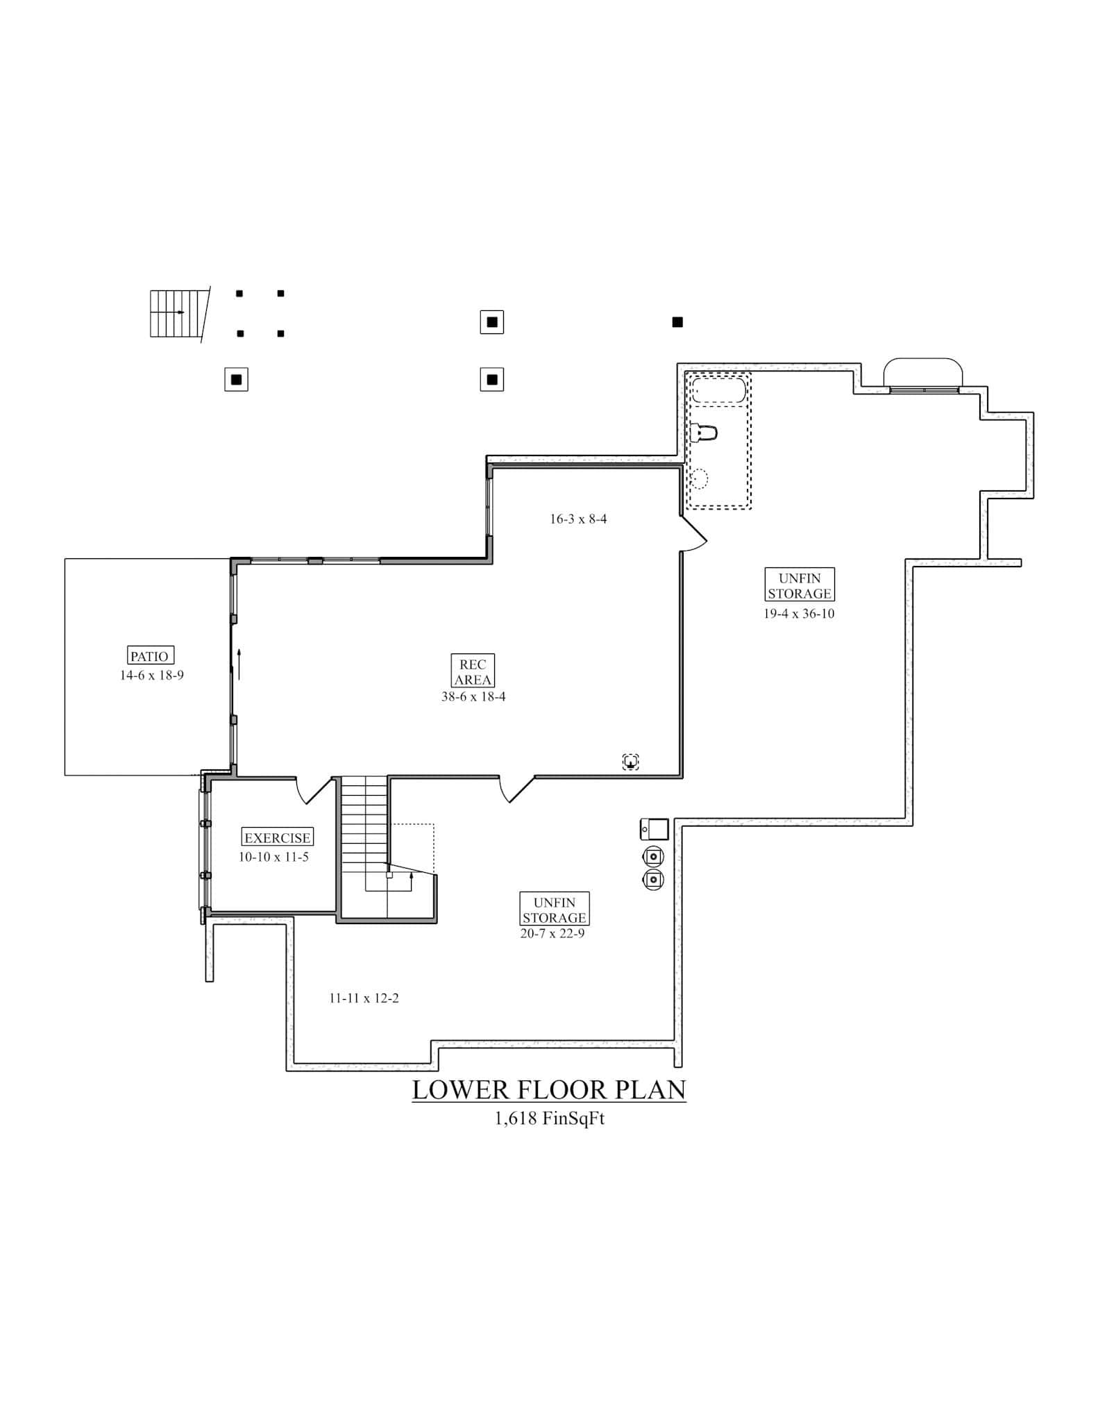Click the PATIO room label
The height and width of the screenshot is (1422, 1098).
pos(149,655)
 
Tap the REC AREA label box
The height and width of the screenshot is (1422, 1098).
pos(473,672)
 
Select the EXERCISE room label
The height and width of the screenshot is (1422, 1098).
pos(277,837)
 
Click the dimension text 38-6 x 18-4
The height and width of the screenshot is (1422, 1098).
pos(473,696)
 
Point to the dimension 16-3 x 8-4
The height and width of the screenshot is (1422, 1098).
pos(578,519)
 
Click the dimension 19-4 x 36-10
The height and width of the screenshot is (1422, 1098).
pos(799,613)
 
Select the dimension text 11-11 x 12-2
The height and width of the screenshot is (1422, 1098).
pos(364,998)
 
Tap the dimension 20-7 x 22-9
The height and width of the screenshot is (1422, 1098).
pos(552,934)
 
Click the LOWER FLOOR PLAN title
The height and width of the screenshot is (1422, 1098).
pos(549,1089)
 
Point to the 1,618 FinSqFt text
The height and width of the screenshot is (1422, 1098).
pos(549,1119)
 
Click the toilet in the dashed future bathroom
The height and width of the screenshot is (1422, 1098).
pos(704,432)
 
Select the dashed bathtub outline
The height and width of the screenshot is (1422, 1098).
pos(718,390)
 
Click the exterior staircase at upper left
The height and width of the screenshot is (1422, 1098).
pos(178,313)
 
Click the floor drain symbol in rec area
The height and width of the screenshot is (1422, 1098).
pos(630,762)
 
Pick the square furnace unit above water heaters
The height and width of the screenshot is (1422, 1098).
pos(654,829)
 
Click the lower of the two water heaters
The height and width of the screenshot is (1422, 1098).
pos(653,880)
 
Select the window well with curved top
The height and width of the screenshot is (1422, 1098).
pos(922,373)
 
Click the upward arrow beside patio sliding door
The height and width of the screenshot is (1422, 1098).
pos(239,664)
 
